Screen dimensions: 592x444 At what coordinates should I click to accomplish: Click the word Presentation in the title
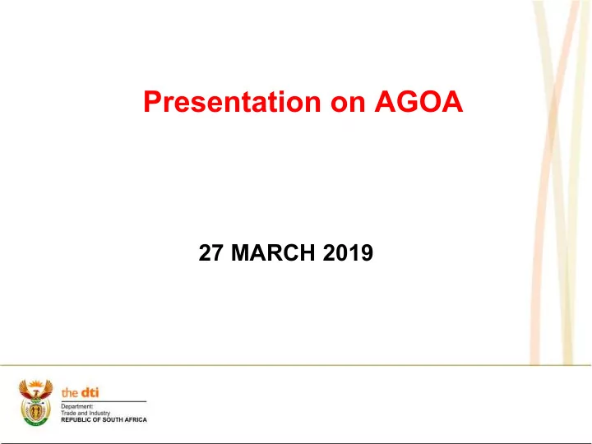[232, 102]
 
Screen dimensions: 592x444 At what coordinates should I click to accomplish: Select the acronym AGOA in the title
[419, 102]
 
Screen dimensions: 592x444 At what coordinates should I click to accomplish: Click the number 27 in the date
[210, 253]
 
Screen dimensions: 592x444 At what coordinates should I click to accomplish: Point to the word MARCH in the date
[273, 253]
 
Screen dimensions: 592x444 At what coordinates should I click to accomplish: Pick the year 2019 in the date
[348, 253]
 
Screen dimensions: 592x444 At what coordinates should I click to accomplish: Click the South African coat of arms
[36, 403]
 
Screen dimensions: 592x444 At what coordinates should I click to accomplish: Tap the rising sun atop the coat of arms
[36, 385]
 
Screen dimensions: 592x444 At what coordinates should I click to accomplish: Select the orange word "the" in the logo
[70, 393]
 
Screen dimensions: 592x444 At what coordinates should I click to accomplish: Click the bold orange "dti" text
[90, 393]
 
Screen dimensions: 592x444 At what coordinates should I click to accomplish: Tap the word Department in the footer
[77, 407]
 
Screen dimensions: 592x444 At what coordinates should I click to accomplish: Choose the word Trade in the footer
[68, 413]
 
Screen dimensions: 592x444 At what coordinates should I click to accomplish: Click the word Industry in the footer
[99, 413]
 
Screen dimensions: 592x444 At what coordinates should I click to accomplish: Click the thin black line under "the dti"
[104, 401]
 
